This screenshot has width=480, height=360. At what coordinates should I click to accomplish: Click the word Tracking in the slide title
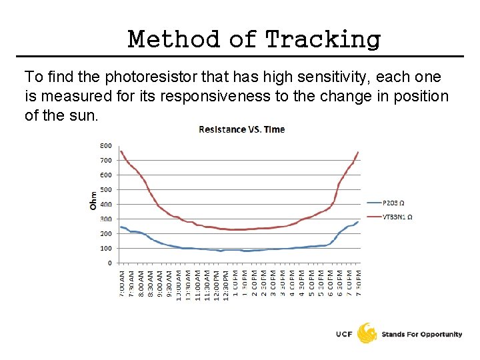(323, 40)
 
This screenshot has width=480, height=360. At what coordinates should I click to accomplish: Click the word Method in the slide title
(173, 39)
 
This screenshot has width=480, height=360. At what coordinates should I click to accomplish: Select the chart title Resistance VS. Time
(241, 129)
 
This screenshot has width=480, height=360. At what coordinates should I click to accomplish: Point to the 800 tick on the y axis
(106, 145)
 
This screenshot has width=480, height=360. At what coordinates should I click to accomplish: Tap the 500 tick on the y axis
(106, 189)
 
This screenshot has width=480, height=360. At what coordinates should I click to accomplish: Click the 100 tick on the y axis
(106, 248)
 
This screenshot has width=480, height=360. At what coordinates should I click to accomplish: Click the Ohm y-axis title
(93, 201)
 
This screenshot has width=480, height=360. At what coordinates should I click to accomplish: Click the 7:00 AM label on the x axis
(121, 285)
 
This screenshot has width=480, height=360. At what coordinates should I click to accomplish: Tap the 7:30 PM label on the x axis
(358, 285)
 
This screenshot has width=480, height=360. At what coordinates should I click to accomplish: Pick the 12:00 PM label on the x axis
(216, 285)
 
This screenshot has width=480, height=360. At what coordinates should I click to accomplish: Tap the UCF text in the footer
(345, 334)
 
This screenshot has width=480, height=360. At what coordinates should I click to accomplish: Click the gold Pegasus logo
(367, 333)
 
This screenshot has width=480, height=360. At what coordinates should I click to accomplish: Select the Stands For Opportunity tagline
(422, 334)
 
